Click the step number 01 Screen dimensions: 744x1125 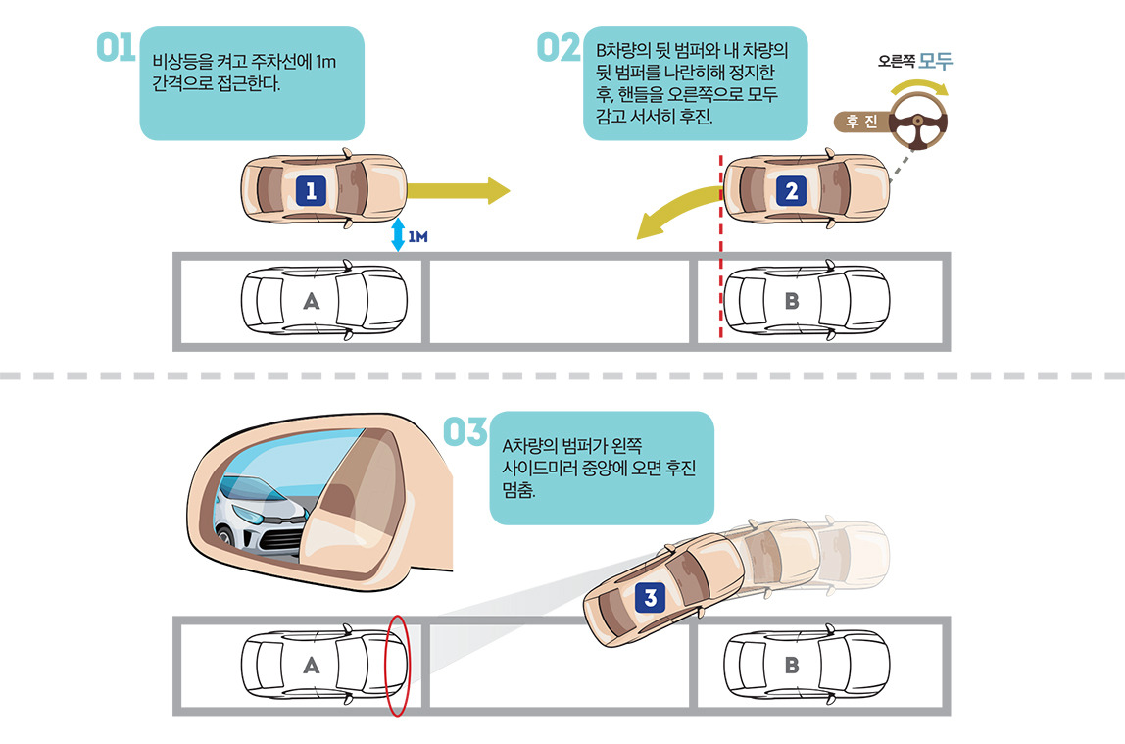115,48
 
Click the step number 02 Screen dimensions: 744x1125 559,48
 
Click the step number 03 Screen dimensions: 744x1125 465,431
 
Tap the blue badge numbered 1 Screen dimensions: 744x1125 311,191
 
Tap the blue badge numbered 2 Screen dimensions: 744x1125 792,191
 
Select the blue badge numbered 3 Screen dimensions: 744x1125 651,595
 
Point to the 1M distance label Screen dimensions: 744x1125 419,237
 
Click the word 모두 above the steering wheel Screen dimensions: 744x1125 936,60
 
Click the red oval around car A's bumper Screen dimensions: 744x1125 397,666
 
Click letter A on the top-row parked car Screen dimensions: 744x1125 311,301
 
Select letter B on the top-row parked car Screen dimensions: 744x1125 792,301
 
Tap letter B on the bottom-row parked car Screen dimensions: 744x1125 792,666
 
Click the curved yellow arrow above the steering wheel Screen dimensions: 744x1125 921,86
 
